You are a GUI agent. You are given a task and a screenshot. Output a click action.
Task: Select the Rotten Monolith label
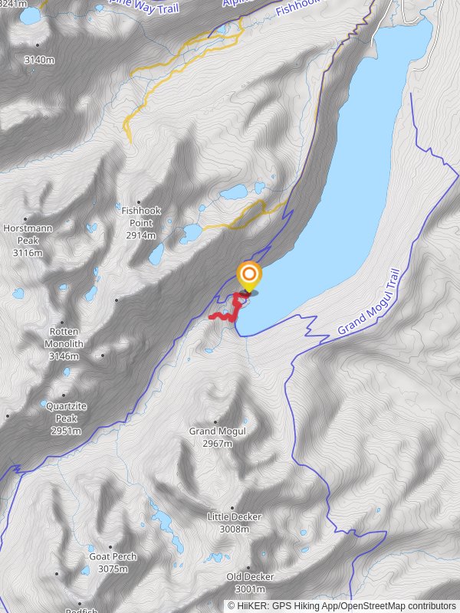(64, 338)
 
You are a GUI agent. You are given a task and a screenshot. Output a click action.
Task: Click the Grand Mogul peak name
(218, 431)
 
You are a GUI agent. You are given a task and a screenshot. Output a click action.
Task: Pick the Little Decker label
(229, 517)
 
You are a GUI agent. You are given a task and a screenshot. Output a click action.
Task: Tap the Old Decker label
(250, 577)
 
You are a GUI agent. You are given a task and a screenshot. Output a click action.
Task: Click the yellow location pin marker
(248, 275)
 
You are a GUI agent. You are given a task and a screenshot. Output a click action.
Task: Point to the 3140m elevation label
(39, 60)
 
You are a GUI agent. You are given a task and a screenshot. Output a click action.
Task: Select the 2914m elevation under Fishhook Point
(141, 235)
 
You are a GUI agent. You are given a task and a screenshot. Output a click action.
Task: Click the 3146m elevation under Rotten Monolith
(64, 356)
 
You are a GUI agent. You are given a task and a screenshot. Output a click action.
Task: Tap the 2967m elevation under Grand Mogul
(218, 444)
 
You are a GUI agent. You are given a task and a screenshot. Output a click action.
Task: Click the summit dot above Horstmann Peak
(26, 218)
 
